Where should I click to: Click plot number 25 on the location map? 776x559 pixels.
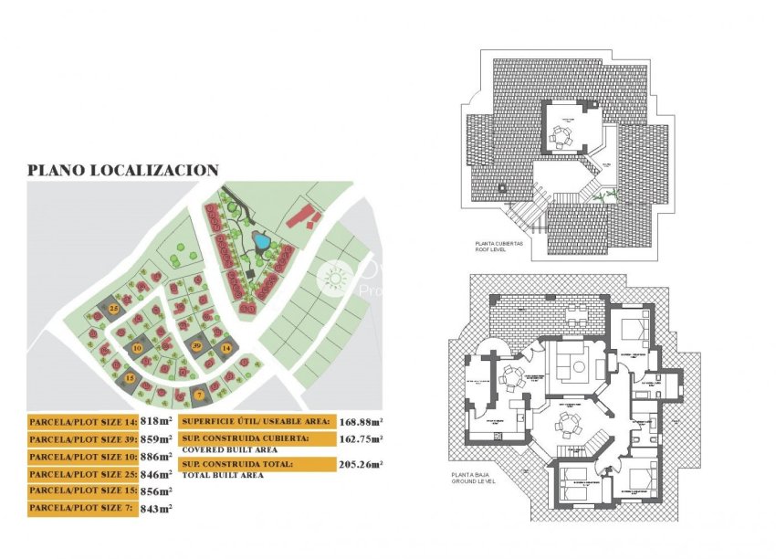click(114, 309)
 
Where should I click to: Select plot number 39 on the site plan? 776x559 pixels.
click(196, 345)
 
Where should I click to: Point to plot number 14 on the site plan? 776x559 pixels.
click(225, 348)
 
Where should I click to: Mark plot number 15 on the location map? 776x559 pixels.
click(131, 377)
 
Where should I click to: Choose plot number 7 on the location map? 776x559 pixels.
click(200, 395)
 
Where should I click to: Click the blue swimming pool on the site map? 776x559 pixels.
click(262, 242)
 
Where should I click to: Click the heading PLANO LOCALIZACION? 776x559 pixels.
click(122, 169)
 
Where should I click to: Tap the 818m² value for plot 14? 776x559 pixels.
click(155, 422)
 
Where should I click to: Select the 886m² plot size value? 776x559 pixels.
click(157, 457)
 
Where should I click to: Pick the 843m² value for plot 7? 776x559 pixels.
click(156, 509)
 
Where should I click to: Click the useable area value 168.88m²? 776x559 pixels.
click(362, 422)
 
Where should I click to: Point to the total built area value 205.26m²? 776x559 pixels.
click(362, 465)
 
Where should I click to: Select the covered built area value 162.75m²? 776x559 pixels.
click(362, 439)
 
